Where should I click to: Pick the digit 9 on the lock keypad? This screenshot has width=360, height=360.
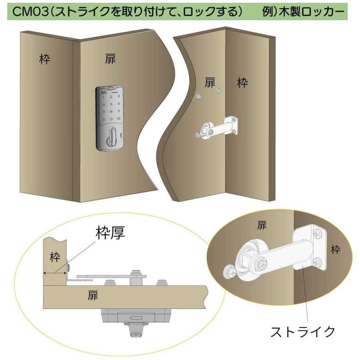coord(119,111)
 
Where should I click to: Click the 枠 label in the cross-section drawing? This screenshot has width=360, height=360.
coord(54,257)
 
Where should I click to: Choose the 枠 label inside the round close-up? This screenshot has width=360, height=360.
coord(336,250)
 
